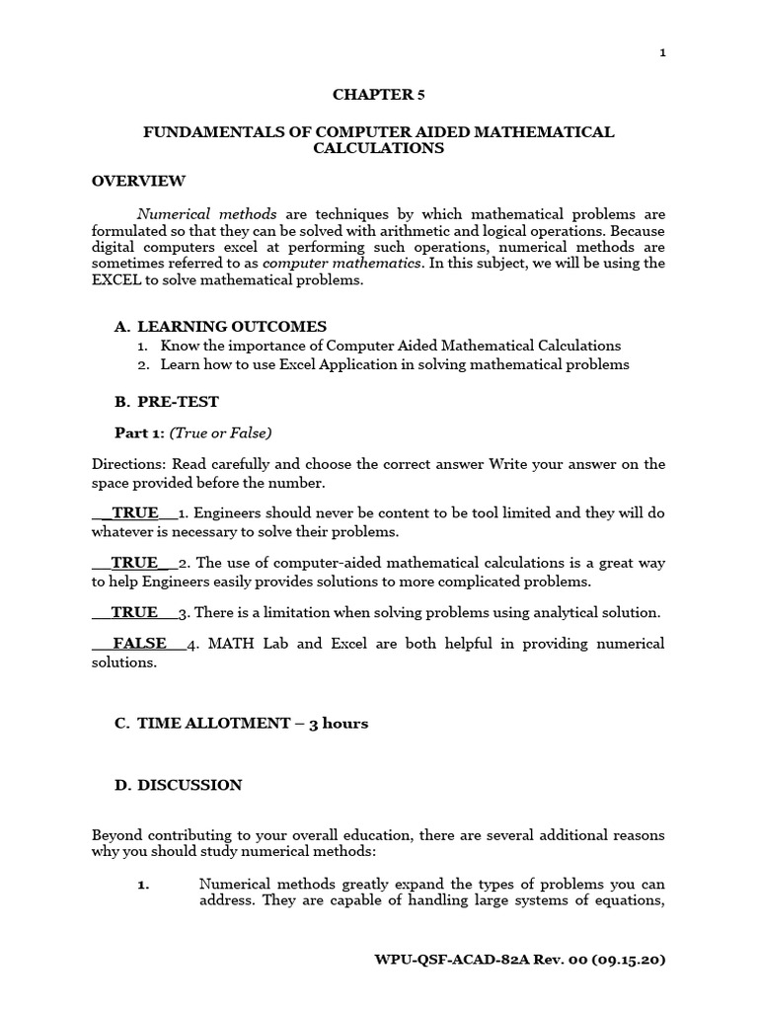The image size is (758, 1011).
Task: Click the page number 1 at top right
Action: point(662,53)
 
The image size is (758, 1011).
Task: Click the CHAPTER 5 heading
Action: point(379,95)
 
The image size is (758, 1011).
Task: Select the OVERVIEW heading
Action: point(138,181)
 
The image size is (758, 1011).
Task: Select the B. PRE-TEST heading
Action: point(167,402)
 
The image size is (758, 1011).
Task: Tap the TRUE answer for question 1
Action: point(135,512)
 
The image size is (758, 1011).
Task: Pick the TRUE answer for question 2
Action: point(134,563)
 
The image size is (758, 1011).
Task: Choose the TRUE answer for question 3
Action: point(134,612)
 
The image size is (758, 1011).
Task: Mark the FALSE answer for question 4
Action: point(139,644)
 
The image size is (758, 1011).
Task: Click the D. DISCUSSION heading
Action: point(178,785)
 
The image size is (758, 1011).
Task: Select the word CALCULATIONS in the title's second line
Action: point(379,149)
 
